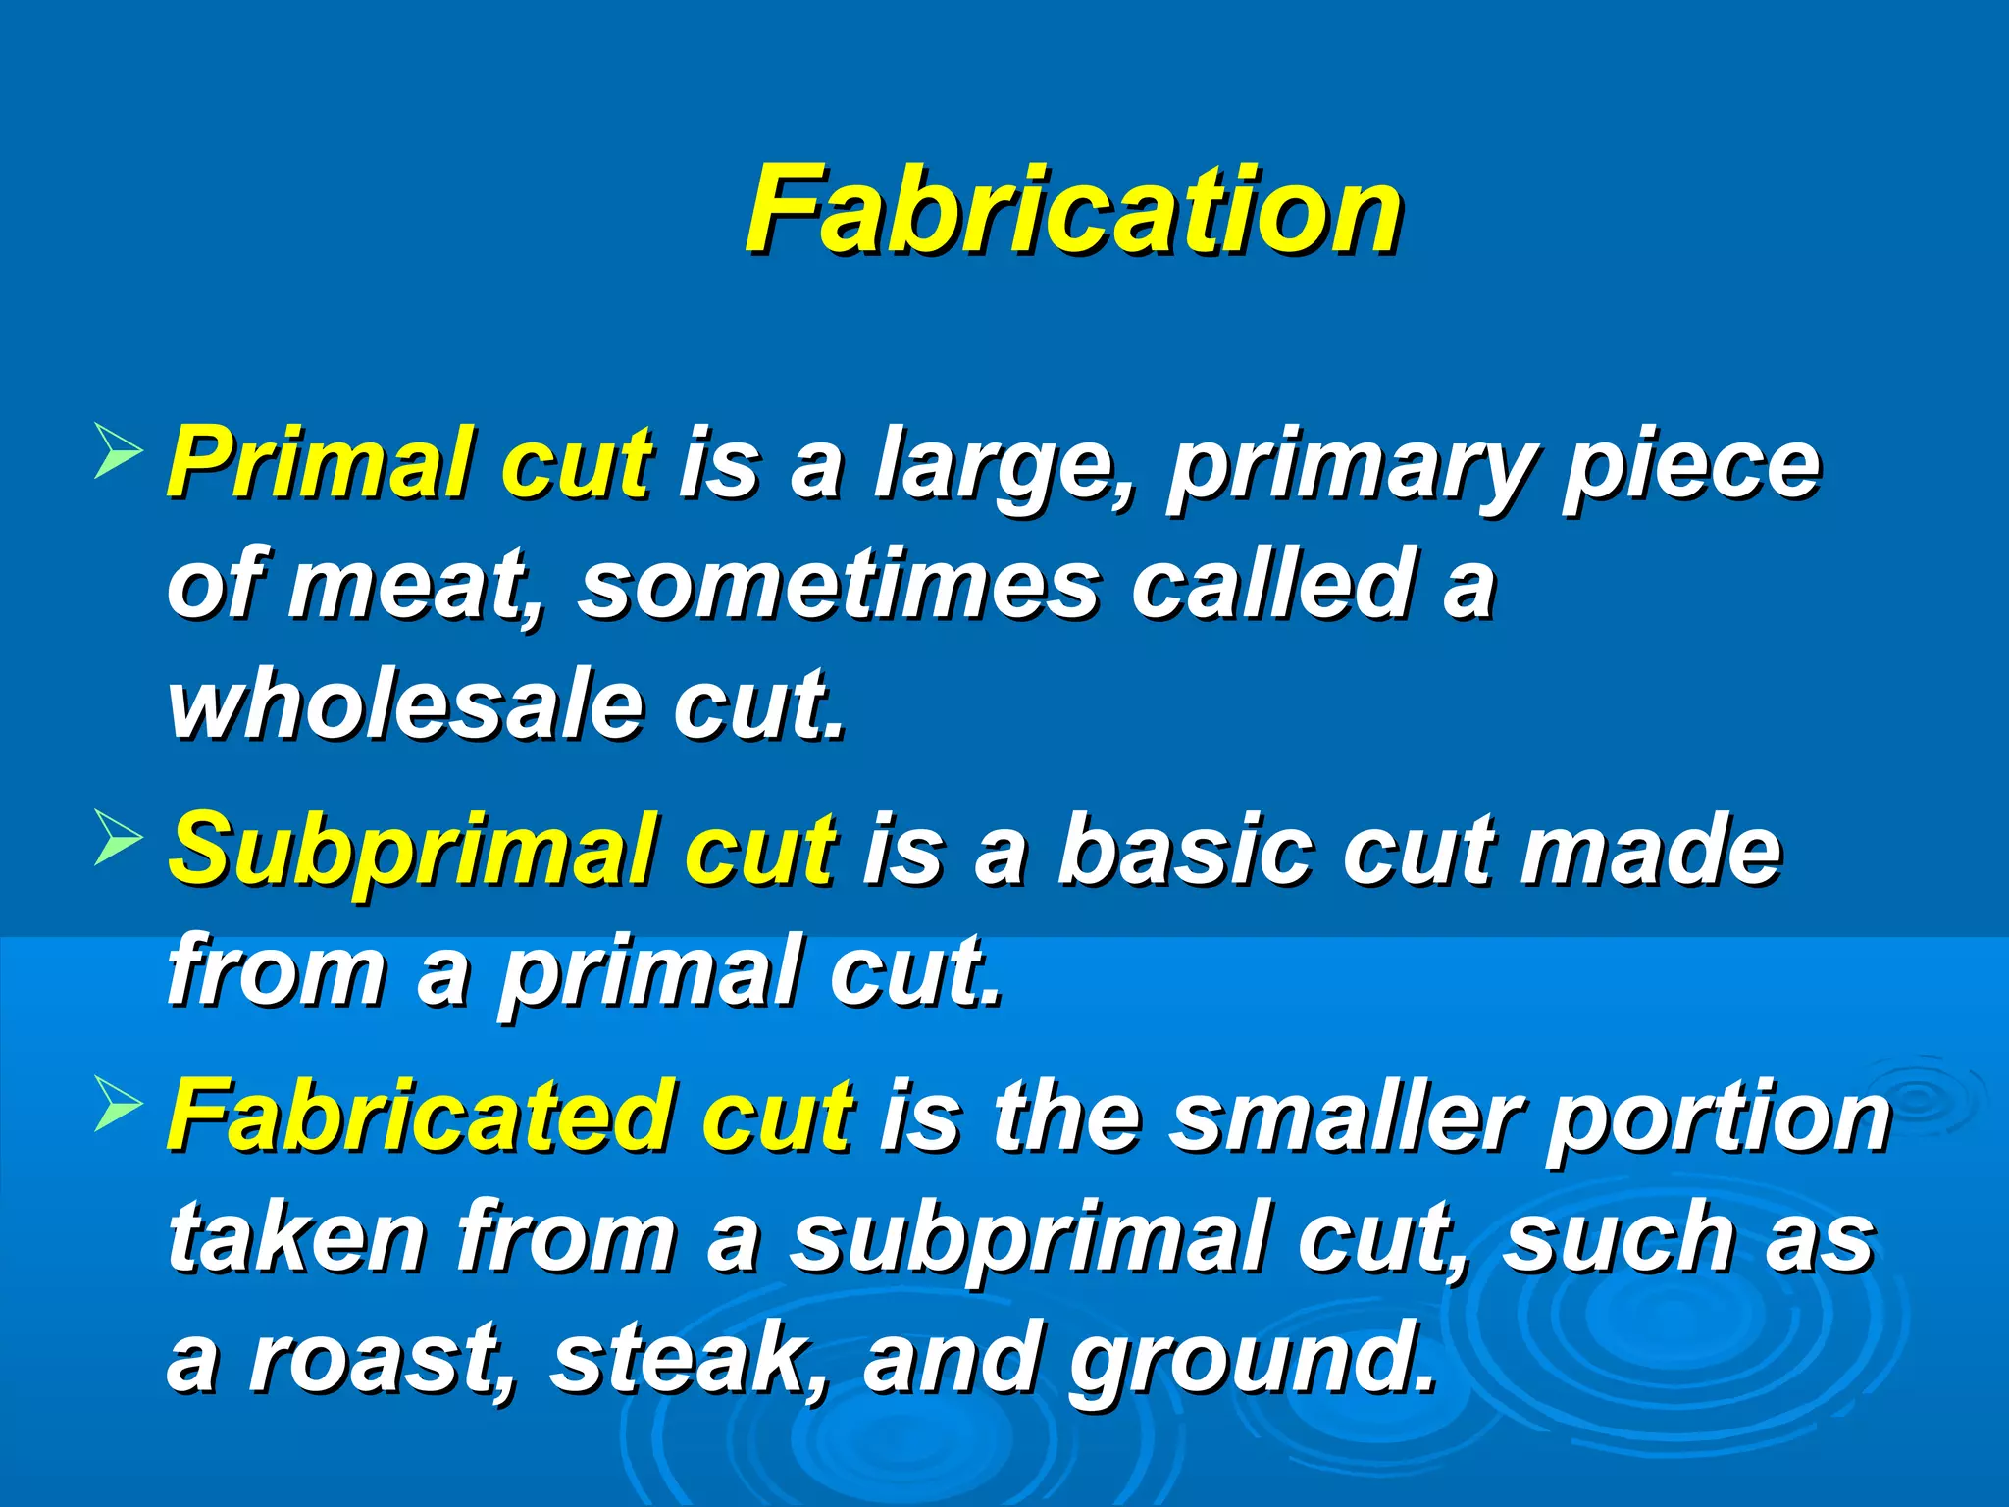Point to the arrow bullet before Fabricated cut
click(x=118, y=1106)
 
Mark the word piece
click(x=1691, y=465)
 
